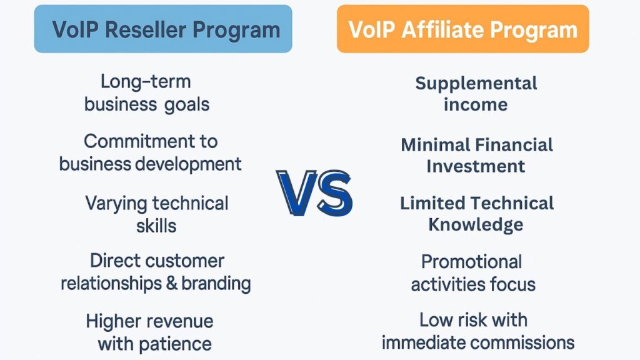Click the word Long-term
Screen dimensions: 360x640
(145, 82)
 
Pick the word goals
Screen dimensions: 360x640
(187, 104)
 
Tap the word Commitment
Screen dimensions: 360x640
(134, 141)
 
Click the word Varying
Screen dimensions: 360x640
(116, 203)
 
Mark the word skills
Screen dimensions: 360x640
(156, 225)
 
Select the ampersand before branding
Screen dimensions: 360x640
(172, 282)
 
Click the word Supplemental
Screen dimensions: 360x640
(476, 83)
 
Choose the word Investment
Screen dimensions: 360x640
(476, 166)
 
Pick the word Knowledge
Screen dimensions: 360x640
(476, 224)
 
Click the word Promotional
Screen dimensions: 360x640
(471, 261)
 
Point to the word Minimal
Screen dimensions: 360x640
(436, 145)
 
